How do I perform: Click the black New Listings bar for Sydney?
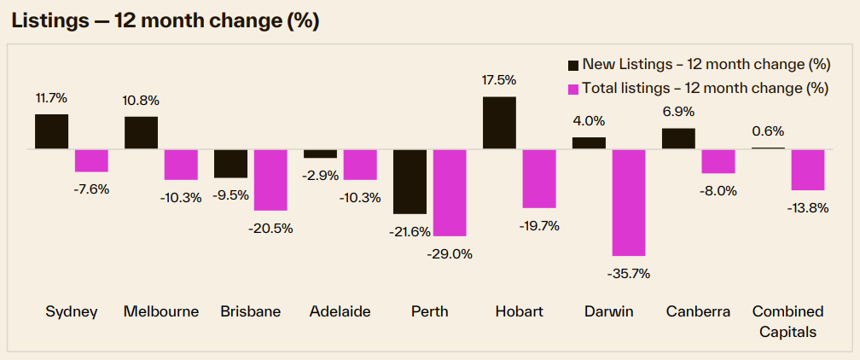coord(51,131)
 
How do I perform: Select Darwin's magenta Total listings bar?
coord(629,202)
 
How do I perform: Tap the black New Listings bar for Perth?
coord(410,181)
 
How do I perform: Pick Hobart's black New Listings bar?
coord(499,123)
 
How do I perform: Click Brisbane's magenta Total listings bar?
coord(270,179)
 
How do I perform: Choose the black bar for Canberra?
coord(678,138)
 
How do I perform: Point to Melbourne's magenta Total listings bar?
coord(181,164)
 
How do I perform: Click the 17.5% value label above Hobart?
coord(499,80)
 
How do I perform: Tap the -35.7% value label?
coord(630,273)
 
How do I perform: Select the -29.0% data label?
coord(450,253)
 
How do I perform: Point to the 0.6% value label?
coord(768,131)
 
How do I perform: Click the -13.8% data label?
coord(808,207)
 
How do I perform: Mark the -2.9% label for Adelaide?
coord(320,175)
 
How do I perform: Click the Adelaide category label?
coord(340,311)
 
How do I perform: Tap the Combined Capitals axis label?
coord(787,321)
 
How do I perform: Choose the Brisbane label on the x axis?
coord(250,311)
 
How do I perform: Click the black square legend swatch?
coord(572,65)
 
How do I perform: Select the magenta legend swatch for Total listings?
coord(572,88)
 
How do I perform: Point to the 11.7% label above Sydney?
coord(51,98)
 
